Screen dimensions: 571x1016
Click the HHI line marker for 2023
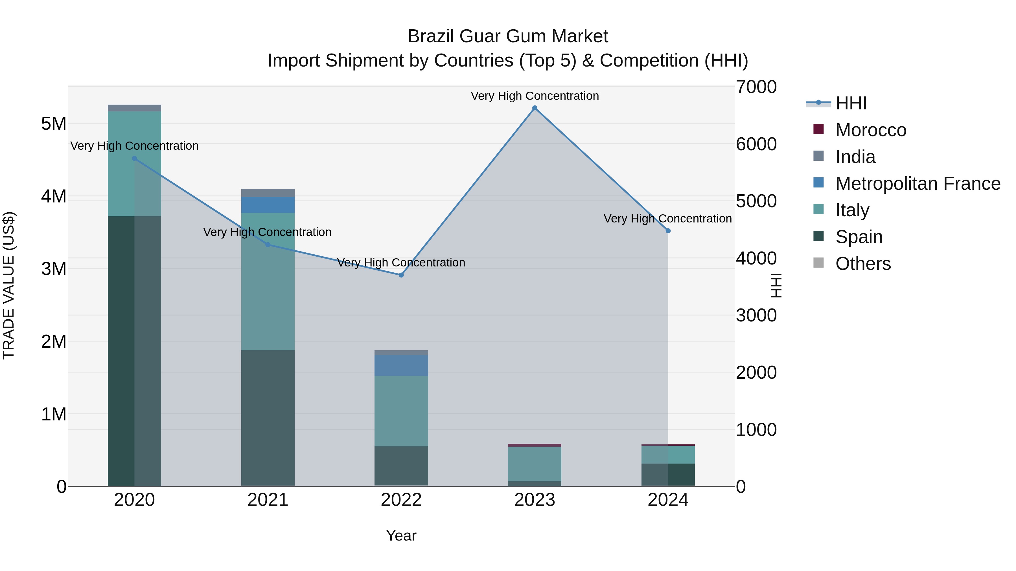tap(535, 108)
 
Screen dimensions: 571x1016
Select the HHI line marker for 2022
tap(401, 275)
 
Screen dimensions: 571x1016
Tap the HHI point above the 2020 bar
tap(135, 158)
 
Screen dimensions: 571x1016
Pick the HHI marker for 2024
tap(668, 231)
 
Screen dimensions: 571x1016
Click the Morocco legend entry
tap(870, 130)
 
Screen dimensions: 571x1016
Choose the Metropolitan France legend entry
tap(918, 184)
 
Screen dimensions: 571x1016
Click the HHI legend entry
tap(851, 103)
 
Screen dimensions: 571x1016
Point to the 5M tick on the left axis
tap(54, 124)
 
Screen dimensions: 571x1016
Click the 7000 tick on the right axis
tap(756, 87)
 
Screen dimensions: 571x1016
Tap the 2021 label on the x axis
tap(268, 500)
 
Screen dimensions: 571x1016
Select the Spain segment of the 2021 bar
tap(268, 418)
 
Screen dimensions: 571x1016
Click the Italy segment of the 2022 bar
tap(401, 411)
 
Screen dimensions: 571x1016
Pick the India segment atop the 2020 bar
tap(135, 108)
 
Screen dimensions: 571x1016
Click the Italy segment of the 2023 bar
tap(535, 464)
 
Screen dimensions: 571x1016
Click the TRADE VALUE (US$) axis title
tap(9, 285)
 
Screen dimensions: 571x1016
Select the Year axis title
tap(401, 535)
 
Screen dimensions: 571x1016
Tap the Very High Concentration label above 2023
tap(535, 96)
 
